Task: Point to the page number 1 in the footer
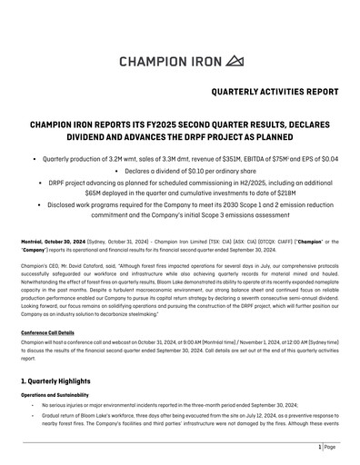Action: [321, 448]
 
